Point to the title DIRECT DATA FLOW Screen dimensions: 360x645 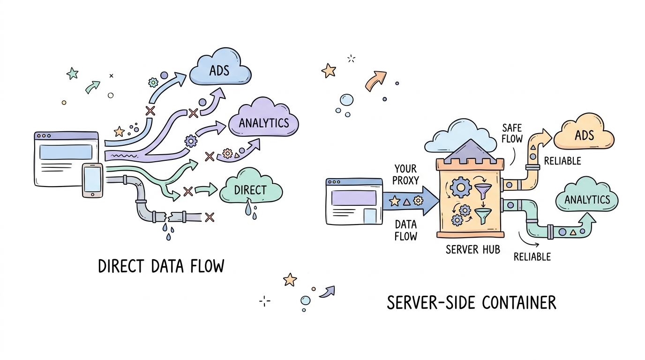[161, 266]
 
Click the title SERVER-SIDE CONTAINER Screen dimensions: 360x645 [472, 303]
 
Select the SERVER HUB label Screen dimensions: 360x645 [472, 249]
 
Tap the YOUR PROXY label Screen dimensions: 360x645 [406, 174]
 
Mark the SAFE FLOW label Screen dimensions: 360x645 [512, 134]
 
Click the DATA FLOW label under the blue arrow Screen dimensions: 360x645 [405, 230]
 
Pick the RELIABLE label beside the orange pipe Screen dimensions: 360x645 [562, 161]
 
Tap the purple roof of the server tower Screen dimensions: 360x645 [470, 149]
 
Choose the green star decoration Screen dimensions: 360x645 [72, 73]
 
